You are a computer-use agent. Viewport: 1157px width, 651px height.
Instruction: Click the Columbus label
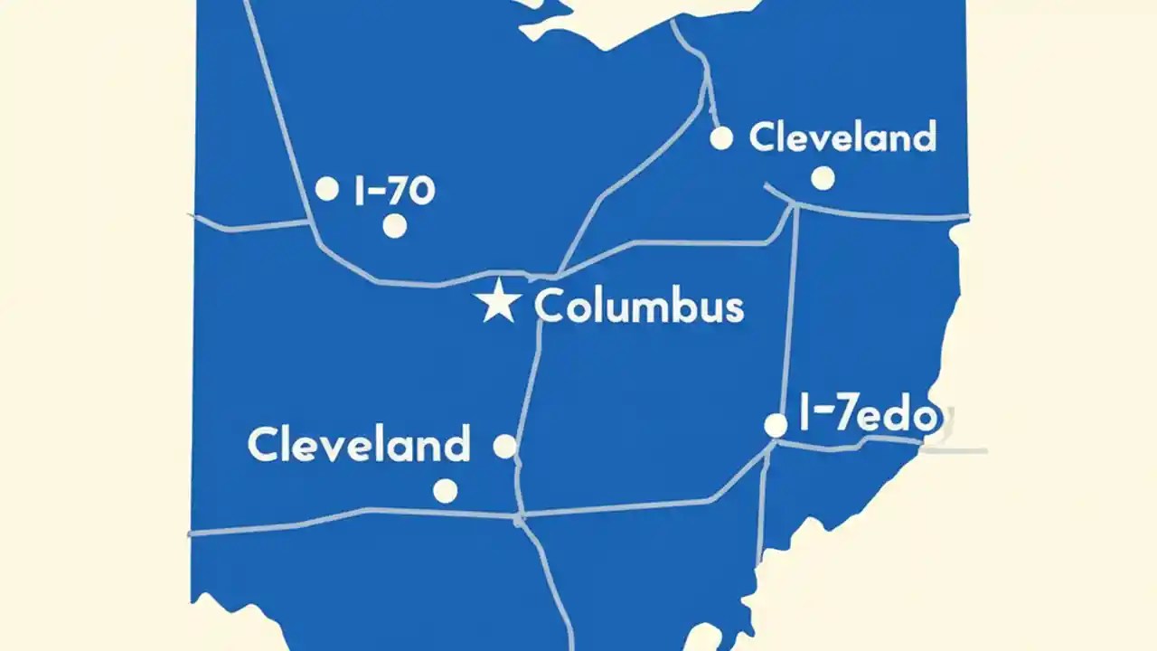[x=639, y=307]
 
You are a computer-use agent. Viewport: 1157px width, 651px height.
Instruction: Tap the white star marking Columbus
[x=498, y=302]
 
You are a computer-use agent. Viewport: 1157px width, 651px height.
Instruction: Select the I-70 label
[x=394, y=191]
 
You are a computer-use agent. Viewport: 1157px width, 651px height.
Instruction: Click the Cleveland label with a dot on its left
[x=842, y=137]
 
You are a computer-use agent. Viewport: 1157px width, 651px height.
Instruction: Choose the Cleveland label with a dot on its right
[x=359, y=445]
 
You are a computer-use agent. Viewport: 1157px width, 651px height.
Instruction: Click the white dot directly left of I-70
[x=327, y=189]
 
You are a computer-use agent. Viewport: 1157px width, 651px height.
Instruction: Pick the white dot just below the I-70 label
[x=394, y=226]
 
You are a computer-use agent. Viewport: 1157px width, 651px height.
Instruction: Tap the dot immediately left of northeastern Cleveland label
[x=721, y=138]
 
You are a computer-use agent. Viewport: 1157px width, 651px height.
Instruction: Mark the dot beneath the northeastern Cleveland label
[x=823, y=178]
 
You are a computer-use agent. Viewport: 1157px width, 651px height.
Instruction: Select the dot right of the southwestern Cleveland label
[x=504, y=446]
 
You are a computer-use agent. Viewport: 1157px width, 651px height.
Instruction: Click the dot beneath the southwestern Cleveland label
[x=445, y=491]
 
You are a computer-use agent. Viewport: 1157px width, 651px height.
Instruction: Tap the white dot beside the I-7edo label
[x=776, y=425]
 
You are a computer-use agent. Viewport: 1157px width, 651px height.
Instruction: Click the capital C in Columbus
[x=550, y=307]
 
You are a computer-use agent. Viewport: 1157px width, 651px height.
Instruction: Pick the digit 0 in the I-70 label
[x=419, y=191]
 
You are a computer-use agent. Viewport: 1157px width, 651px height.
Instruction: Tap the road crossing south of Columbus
[x=520, y=518]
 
